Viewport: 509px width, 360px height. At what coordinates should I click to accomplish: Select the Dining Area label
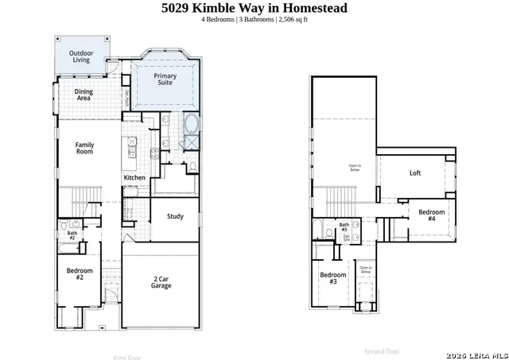tap(84, 95)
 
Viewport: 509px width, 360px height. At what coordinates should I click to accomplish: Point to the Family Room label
tap(84, 148)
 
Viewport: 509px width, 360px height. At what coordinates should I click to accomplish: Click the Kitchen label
tap(134, 177)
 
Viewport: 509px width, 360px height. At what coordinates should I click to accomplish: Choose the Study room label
tap(175, 216)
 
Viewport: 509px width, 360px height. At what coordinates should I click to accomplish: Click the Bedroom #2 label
tap(80, 274)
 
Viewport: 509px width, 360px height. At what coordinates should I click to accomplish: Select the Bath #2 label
tap(72, 236)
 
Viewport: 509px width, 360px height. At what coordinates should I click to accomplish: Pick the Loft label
tap(414, 173)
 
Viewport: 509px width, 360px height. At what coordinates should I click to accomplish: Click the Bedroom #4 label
tap(432, 215)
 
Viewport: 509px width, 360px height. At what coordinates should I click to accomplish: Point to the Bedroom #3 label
tap(333, 278)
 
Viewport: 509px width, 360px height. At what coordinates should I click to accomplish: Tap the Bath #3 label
tap(344, 227)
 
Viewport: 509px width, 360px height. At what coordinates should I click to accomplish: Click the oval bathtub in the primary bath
tap(191, 125)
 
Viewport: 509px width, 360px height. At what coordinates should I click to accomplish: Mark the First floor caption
tap(127, 357)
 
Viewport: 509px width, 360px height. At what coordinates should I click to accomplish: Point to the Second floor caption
tap(382, 350)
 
